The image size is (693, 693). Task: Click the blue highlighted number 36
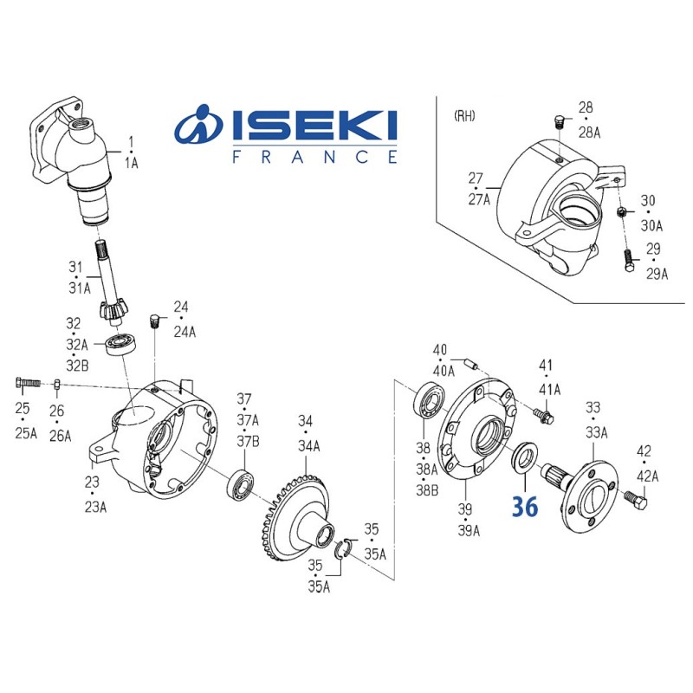[525, 506]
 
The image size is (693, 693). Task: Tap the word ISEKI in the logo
[314, 126]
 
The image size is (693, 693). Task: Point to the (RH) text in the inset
[465, 115]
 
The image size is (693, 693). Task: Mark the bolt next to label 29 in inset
[626, 259]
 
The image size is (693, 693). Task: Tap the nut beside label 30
[621, 212]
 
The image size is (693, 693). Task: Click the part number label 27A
[478, 198]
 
